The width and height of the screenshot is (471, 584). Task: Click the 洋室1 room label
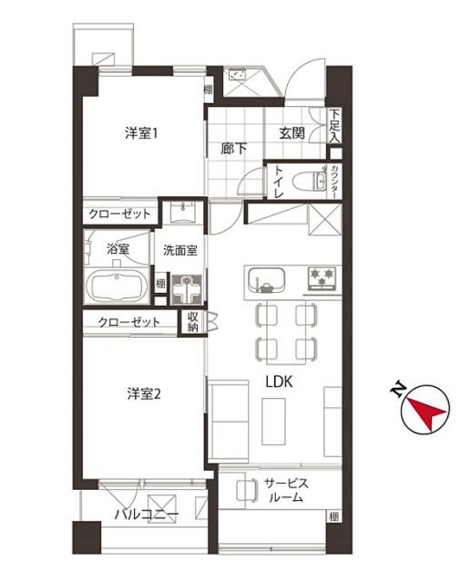141,133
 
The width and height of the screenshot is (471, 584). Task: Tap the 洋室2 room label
144,393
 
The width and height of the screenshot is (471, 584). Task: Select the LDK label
279,381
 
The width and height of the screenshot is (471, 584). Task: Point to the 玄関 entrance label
292,133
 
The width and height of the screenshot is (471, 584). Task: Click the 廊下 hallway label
233,149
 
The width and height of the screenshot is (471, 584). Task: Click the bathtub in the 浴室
117,286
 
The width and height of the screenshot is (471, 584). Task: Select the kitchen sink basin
266,279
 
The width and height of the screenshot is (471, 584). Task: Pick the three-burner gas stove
322,278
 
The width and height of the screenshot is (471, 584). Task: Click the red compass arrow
426,412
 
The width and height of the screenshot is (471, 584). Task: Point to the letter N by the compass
398,389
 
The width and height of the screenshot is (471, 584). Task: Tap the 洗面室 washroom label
179,250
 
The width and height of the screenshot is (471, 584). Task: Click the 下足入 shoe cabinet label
334,126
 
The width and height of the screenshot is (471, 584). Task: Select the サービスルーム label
286,491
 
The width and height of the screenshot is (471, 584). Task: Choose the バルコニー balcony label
147,515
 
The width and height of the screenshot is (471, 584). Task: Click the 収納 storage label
192,322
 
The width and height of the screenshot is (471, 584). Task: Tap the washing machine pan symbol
187,290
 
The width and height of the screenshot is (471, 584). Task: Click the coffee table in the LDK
273,422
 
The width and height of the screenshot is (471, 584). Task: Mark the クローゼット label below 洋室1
119,214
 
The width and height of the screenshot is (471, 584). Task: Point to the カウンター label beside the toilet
335,182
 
